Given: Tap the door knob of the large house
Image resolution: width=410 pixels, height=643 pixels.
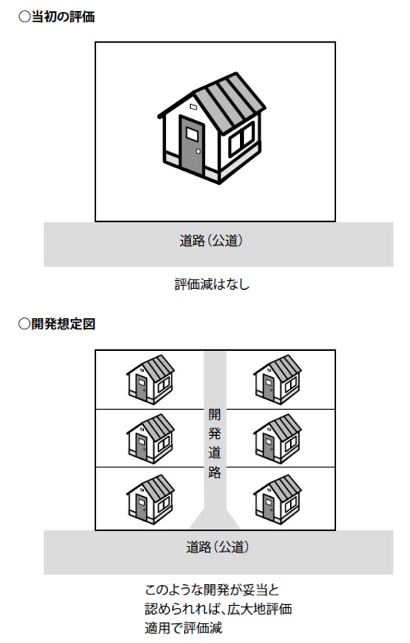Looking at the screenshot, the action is pyautogui.click(x=198, y=151).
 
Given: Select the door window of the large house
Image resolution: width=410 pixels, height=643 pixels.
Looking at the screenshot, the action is pyautogui.click(x=192, y=133).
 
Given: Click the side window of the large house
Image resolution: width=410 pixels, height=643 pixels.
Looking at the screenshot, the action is pyautogui.click(x=242, y=139).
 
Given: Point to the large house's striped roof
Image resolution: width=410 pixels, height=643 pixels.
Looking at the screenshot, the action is pyautogui.click(x=230, y=103).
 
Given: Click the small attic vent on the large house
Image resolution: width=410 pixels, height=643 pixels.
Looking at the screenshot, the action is pyautogui.click(x=193, y=107).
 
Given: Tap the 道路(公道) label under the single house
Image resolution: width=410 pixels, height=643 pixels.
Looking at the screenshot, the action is pyautogui.click(x=211, y=241).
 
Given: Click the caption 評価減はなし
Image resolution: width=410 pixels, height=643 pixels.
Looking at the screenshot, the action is pyautogui.click(x=212, y=284).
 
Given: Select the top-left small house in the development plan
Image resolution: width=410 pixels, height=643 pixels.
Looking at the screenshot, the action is pyautogui.click(x=151, y=379).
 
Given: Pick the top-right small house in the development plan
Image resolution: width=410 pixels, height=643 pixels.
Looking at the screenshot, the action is pyautogui.click(x=277, y=379).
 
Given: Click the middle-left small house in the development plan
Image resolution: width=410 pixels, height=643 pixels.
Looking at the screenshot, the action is pyautogui.click(x=151, y=439).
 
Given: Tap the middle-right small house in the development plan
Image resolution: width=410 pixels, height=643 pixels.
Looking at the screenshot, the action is pyautogui.click(x=277, y=439).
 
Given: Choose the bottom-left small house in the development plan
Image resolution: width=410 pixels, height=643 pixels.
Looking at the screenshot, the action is pyautogui.click(x=151, y=499).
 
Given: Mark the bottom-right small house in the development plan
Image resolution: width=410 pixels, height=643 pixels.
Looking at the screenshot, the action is pyautogui.click(x=277, y=499).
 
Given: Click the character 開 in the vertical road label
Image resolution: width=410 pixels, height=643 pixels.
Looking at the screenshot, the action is pyautogui.click(x=215, y=414).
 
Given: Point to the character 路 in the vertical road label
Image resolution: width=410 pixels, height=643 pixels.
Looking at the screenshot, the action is pyautogui.click(x=215, y=472).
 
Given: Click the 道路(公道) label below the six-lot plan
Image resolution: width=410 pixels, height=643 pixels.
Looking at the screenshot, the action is pyautogui.click(x=218, y=547).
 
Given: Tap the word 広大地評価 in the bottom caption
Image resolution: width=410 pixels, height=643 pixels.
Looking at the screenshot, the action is pyautogui.click(x=259, y=609).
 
